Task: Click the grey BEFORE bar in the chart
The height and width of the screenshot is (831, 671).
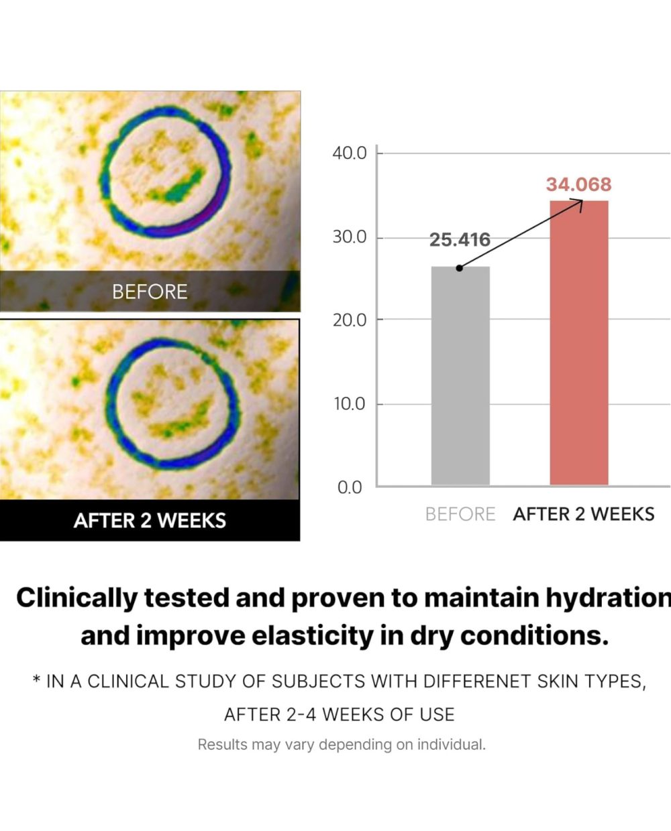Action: click(460, 375)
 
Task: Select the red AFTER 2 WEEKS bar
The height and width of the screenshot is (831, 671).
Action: click(579, 342)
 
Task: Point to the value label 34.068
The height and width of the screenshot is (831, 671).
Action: click(579, 184)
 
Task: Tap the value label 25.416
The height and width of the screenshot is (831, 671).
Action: click(460, 240)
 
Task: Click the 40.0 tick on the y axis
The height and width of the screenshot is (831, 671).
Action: click(349, 153)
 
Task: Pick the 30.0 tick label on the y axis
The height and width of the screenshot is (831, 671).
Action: click(349, 237)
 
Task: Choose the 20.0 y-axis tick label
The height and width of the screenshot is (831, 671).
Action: click(349, 320)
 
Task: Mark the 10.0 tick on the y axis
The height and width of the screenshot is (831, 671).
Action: click(349, 404)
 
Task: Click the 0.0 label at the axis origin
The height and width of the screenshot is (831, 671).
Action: click(350, 488)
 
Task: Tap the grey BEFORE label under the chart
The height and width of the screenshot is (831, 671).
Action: click(460, 515)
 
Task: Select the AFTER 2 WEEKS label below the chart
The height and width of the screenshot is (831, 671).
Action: click(584, 515)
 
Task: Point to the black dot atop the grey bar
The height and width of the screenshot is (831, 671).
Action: click(459, 268)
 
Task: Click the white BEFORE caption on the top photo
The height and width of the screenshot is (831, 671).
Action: click(150, 292)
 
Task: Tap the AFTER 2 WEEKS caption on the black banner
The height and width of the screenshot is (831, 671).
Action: click(150, 521)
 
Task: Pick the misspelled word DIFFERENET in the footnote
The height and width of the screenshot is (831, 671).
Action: click(477, 681)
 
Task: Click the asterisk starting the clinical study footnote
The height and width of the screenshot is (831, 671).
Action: click(37, 680)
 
